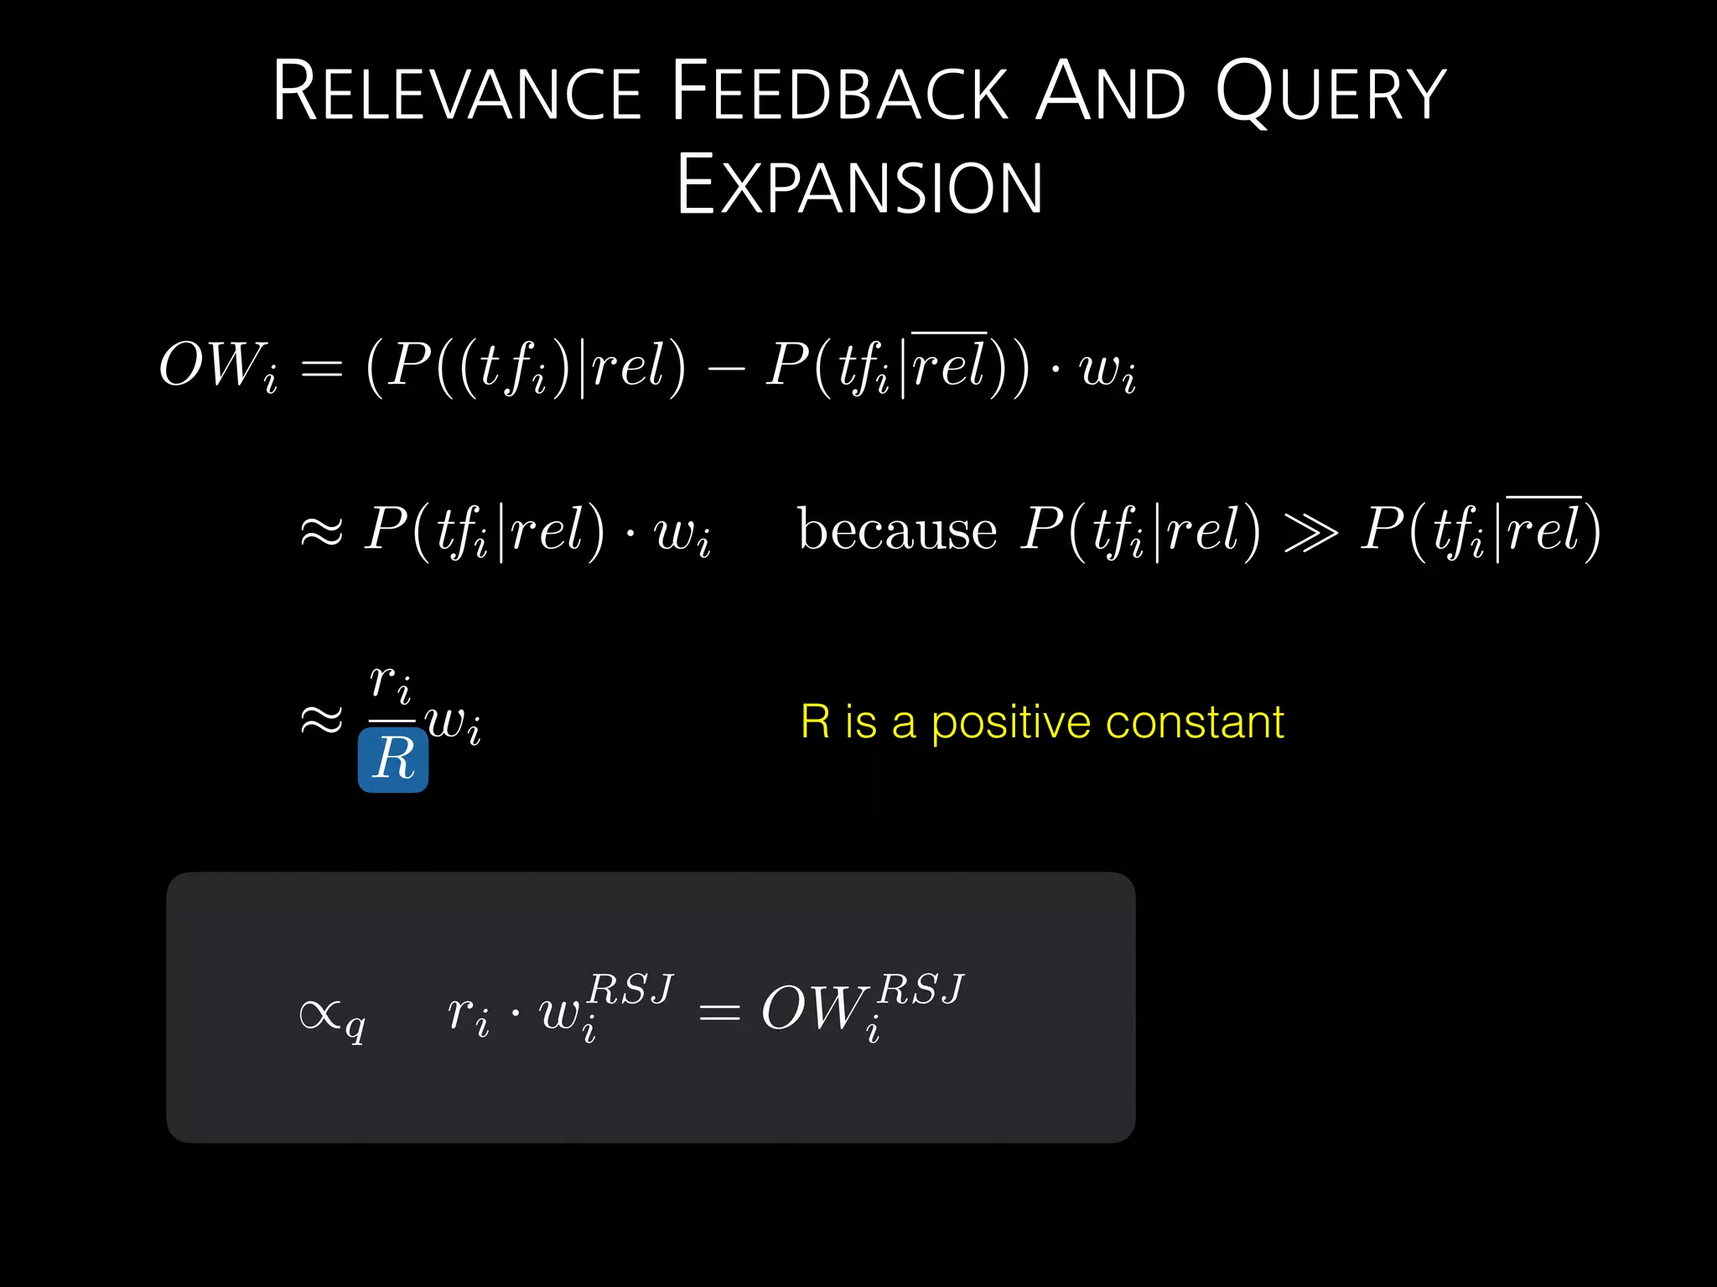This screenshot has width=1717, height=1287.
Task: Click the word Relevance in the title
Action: pos(457,92)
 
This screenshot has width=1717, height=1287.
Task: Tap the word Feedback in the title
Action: pos(838,92)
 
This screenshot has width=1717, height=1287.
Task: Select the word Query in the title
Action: pos(1331,92)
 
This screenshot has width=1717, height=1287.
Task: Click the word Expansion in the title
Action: pos(859,186)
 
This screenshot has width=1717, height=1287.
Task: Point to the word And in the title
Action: pos(1111,92)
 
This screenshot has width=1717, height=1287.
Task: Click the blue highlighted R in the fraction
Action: pos(393,759)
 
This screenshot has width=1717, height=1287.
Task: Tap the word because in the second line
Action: pos(897,530)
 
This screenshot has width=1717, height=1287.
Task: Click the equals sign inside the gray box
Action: pos(719,1014)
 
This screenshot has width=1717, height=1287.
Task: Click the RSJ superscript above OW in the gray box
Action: pos(921,990)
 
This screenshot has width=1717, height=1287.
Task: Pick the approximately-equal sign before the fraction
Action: pos(322,720)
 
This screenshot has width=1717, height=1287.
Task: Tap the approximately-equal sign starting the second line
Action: pos(322,531)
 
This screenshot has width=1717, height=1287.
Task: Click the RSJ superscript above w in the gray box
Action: pos(630,990)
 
